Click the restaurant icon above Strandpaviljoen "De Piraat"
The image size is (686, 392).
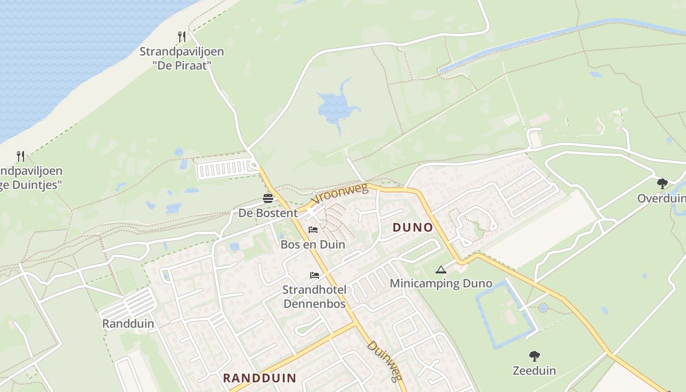(182, 36)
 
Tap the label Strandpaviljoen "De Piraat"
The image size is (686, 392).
(182, 58)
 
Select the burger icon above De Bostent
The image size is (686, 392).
(268, 198)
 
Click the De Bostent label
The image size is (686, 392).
(268, 213)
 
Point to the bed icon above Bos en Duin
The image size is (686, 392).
(313, 229)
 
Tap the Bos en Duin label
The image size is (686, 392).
(313, 244)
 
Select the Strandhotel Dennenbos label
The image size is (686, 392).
(314, 296)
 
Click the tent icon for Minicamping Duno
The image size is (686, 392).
(441, 269)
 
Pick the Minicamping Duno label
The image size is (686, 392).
(441, 283)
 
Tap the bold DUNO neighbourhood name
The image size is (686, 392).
(413, 227)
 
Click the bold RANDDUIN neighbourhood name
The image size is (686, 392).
(260, 378)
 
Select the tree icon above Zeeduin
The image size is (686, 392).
(535, 356)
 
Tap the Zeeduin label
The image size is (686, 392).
(535, 370)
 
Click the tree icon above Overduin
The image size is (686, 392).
(662, 184)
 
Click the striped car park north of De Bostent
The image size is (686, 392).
(226, 170)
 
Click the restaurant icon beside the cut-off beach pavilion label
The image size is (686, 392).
(20, 156)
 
